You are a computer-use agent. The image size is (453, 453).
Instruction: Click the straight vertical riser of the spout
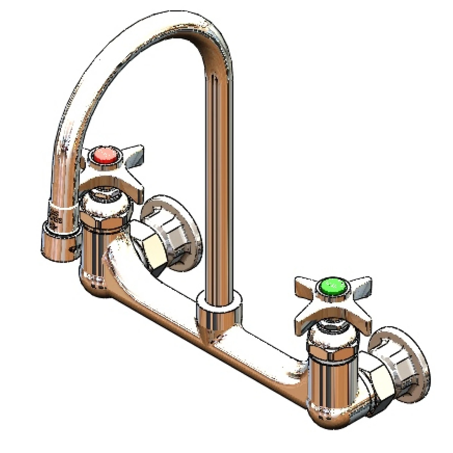click(219, 181)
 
